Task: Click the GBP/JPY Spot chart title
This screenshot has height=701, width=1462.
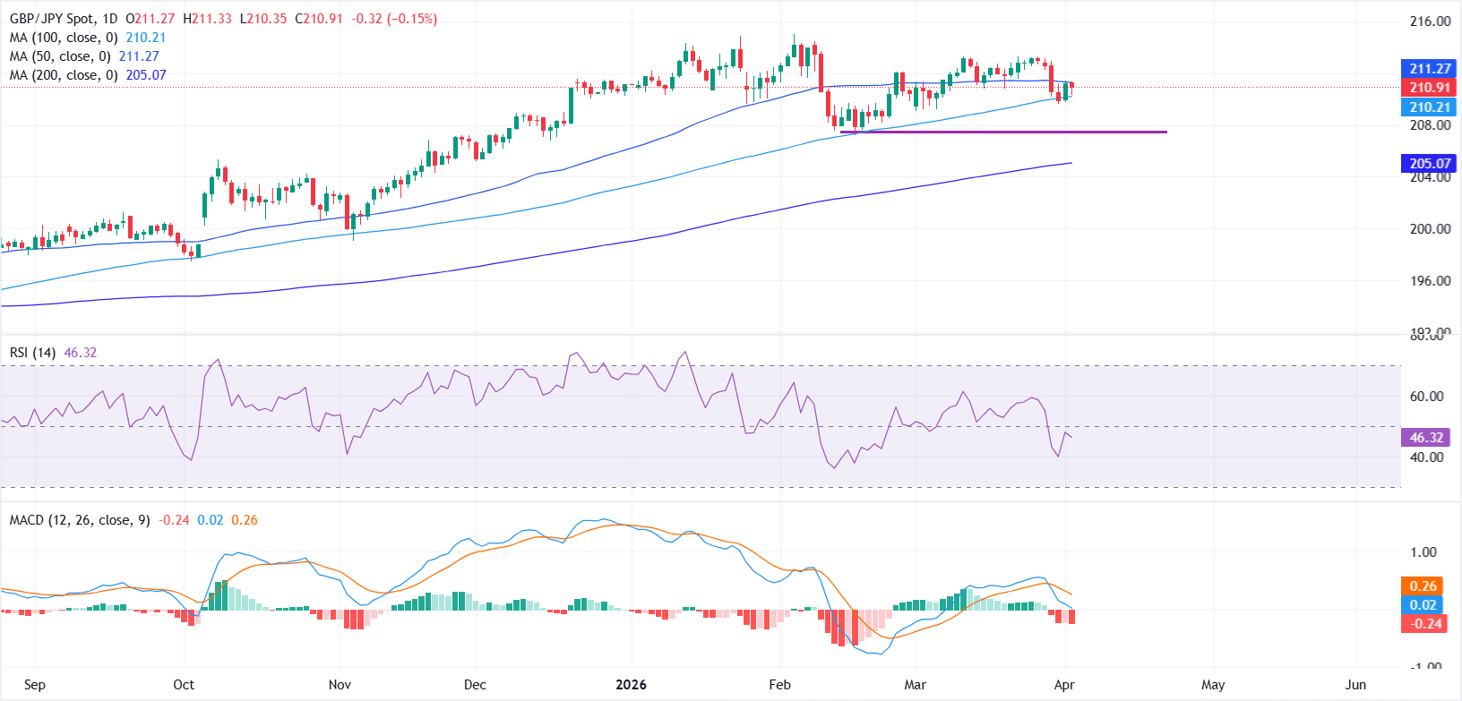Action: (63, 19)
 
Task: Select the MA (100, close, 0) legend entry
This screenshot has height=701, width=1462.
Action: (64, 38)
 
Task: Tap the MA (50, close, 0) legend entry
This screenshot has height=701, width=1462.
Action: (60, 56)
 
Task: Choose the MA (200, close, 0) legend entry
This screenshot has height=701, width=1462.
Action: (64, 75)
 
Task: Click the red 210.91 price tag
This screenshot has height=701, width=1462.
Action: (1429, 88)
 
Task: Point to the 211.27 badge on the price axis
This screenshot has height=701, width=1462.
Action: (1429, 69)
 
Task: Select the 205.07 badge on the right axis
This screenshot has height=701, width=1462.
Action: (1429, 164)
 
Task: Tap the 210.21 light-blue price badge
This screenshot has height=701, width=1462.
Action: (1429, 107)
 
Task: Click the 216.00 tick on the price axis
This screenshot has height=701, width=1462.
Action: (1430, 21)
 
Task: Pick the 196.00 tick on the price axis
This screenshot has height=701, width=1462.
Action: (1430, 281)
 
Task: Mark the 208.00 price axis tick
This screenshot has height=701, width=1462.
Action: (1430, 125)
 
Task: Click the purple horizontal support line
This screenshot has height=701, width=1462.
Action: (1003, 133)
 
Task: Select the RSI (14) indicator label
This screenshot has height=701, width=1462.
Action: (32, 353)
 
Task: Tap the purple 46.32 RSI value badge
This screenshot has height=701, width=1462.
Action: (1426, 438)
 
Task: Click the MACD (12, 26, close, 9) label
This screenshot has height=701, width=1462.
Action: (80, 520)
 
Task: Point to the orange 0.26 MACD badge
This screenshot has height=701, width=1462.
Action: (1423, 586)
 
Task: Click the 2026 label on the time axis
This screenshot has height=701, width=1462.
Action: (631, 685)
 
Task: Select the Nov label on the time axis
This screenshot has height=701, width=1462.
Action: (340, 685)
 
